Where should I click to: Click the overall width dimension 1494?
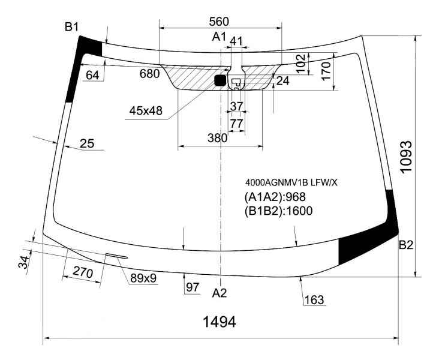(220, 322)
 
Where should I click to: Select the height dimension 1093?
(407, 156)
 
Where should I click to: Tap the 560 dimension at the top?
(219, 22)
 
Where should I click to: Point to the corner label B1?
(71, 27)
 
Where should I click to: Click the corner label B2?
(406, 245)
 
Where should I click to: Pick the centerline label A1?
(219, 37)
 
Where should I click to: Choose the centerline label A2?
(220, 293)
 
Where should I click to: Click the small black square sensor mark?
(220, 80)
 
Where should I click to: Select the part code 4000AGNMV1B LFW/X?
(291, 183)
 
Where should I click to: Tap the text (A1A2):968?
(275, 197)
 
